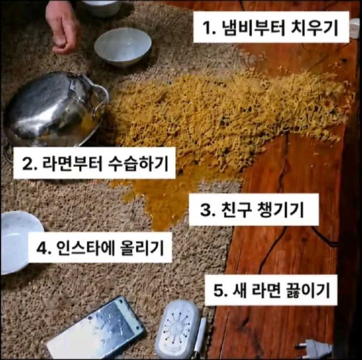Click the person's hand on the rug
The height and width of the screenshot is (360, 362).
click(x=63, y=28)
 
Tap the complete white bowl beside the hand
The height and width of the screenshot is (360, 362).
click(x=123, y=47)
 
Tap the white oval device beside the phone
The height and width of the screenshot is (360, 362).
click(x=177, y=329)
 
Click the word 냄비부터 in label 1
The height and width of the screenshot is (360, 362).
click(x=253, y=28)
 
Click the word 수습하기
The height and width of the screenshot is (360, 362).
click(x=138, y=163)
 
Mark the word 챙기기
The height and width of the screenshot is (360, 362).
click(x=280, y=209)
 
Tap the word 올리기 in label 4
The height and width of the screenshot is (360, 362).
click(x=142, y=248)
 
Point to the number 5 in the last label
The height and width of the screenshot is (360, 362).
click(x=219, y=290)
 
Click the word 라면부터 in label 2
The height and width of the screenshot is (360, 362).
click(x=72, y=163)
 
